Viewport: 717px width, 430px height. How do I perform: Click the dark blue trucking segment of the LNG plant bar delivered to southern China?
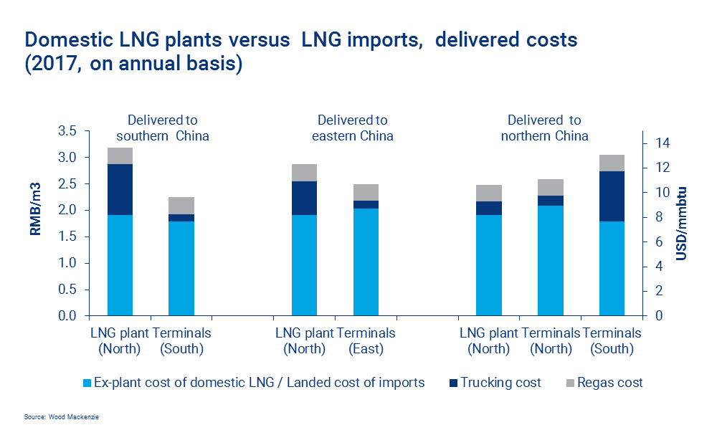(x=120, y=189)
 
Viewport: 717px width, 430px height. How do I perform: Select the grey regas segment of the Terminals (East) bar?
(x=366, y=192)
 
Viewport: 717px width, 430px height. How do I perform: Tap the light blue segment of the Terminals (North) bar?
(x=551, y=260)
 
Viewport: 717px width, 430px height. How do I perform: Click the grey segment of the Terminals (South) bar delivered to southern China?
(x=181, y=205)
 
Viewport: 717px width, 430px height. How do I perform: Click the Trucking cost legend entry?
(x=500, y=383)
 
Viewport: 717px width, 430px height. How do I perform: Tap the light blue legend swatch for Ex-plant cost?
(x=88, y=383)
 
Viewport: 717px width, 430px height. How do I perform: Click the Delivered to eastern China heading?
(x=353, y=128)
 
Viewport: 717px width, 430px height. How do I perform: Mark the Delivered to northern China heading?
(x=544, y=128)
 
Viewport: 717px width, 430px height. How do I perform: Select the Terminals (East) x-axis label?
(x=366, y=341)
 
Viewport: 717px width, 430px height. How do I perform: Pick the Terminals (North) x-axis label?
(x=551, y=341)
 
